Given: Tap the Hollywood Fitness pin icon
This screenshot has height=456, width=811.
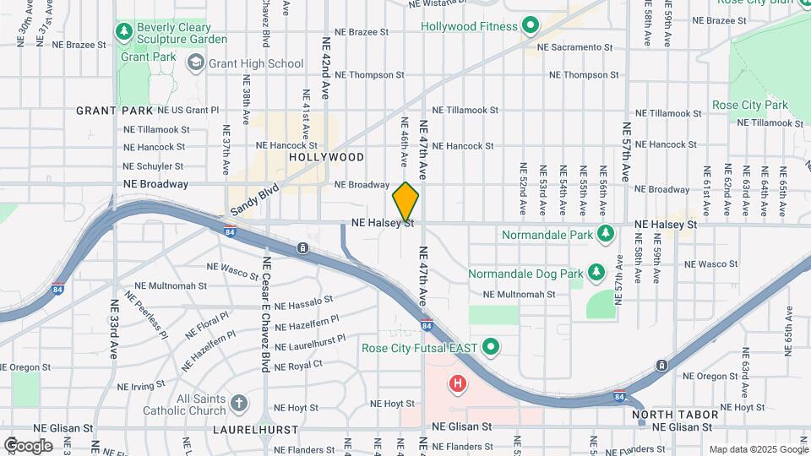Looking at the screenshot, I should point(531,26).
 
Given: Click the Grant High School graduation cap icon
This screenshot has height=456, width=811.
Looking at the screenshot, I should point(197,62).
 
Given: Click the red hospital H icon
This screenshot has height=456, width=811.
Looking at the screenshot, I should point(458,385).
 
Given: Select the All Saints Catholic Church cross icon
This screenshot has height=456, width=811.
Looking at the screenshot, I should point(239,403).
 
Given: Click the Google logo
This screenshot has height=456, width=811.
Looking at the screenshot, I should point(28,445).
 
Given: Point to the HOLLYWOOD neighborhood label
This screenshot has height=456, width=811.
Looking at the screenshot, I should point(326,157).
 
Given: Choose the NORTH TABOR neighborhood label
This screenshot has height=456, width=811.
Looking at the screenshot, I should point(676,415).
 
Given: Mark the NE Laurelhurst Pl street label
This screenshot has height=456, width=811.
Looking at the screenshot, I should point(308,343).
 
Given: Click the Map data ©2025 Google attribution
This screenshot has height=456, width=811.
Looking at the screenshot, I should point(757,449).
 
